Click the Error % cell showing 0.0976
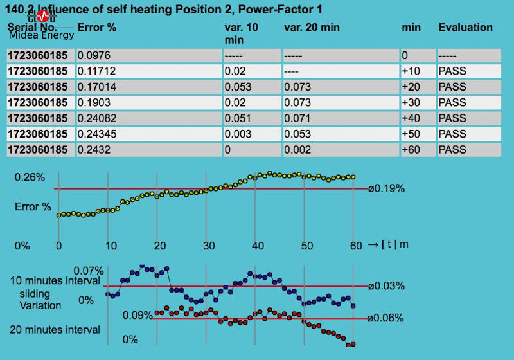pos(91,56)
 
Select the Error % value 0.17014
pos(94,87)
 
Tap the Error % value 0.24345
pos(94,134)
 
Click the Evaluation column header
pos(465,28)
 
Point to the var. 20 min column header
pos(312,28)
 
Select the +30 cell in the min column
pos(411,102)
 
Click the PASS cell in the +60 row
pos(452,149)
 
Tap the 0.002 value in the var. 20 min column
pos(297,149)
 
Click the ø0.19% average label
pos(386,188)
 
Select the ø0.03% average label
pos(386,286)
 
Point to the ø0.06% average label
pos(386,318)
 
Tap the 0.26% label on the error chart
pos(30,177)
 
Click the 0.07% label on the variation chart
pos(88,270)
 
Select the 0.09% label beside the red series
pos(137,316)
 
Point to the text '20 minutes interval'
pos(55,330)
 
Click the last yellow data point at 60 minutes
pos(353,177)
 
